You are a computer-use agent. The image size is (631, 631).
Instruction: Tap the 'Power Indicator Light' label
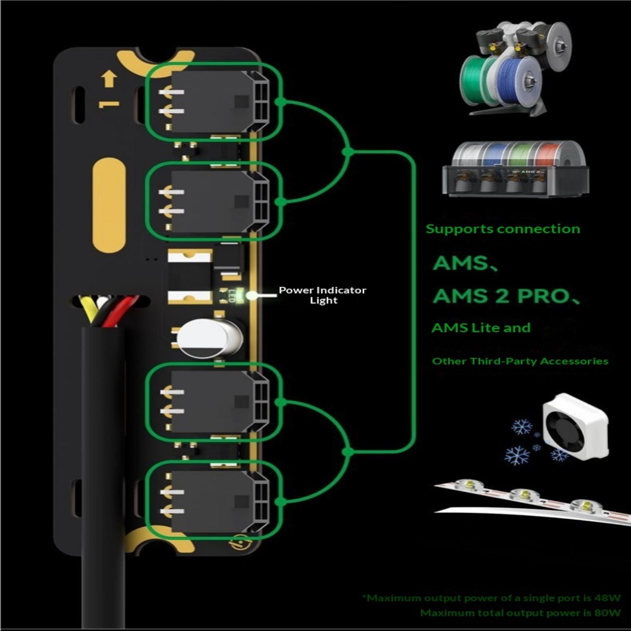[x=323, y=295]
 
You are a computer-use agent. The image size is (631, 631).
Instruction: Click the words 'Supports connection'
[x=503, y=229]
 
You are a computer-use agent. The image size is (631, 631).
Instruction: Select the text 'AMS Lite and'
[x=481, y=328]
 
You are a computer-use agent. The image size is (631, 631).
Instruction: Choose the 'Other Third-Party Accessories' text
[x=520, y=361]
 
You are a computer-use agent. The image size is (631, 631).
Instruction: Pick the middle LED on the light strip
[x=525, y=495]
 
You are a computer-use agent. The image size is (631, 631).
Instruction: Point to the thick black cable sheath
[x=103, y=473]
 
